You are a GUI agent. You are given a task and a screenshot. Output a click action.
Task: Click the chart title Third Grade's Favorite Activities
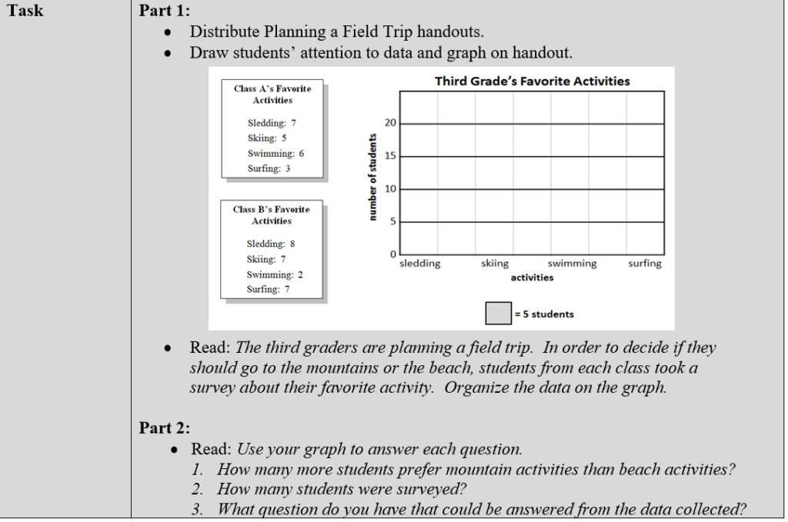(532, 81)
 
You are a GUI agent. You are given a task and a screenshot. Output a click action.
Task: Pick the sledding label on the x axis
(420, 264)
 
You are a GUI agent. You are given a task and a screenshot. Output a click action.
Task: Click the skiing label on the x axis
(494, 264)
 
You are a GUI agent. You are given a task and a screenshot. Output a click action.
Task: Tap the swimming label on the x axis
(572, 264)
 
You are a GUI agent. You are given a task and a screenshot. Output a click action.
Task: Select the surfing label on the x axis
(644, 264)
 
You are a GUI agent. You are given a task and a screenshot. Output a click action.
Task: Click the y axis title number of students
(373, 176)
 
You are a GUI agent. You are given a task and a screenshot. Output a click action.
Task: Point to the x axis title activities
(532, 277)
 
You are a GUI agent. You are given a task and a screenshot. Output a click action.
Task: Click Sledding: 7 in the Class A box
(272, 123)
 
